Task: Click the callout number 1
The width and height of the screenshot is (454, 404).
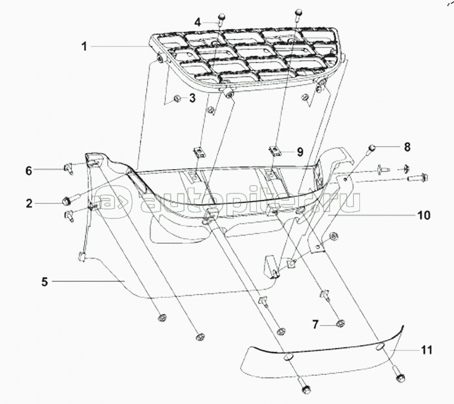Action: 84,46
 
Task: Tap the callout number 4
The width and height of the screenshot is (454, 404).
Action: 197,22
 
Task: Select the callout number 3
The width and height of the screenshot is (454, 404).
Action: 192,98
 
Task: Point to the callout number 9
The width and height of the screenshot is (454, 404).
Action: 300,151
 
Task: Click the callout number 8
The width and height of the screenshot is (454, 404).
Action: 407,147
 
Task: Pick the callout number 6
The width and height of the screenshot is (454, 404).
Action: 28,171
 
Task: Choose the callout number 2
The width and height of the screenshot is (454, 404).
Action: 29,203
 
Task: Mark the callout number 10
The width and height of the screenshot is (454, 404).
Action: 424,216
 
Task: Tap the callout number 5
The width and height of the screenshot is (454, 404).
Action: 44,282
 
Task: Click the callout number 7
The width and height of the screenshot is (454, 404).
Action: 315,324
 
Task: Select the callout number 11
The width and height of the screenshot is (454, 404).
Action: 426,350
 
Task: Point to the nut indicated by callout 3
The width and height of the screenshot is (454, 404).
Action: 177,99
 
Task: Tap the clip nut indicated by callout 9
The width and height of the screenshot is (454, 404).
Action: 274,151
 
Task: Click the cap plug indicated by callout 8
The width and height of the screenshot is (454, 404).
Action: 370,149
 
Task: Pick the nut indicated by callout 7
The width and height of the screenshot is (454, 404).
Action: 341,323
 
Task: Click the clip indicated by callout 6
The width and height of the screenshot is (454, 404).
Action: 69,168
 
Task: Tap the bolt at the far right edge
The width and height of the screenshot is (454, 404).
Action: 418,177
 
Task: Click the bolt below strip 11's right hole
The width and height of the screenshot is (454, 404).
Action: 399,375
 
